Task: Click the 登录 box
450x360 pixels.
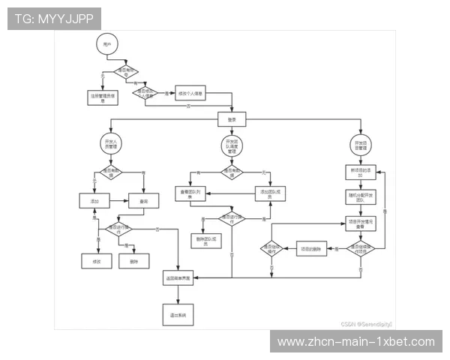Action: [x=232, y=119]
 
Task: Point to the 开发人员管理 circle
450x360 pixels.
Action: [x=110, y=144]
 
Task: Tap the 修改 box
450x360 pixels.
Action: [x=97, y=261]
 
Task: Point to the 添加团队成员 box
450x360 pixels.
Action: [x=271, y=193]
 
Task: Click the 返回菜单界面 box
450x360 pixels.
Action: [x=178, y=278]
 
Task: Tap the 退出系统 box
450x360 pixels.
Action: [x=178, y=314]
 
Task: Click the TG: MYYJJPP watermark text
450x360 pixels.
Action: [x=54, y=18]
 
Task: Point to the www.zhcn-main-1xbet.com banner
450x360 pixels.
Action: [x=356, y=342]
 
